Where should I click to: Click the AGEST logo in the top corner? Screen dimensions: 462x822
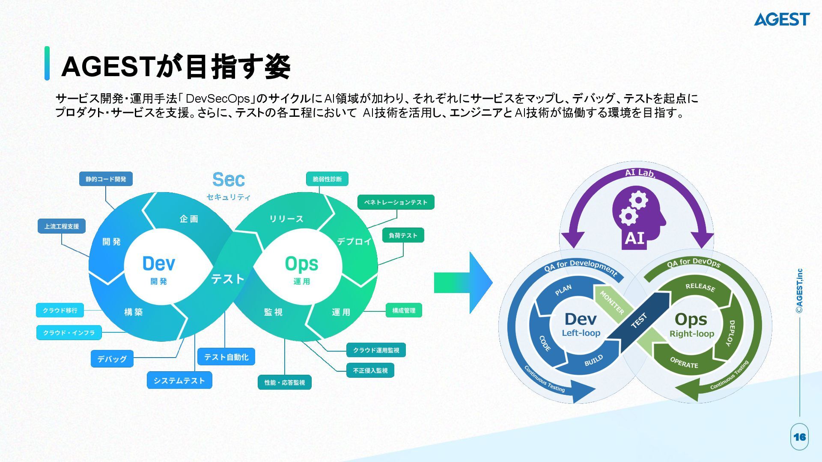(781, 19)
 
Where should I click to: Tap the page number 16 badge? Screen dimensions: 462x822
(799, 437)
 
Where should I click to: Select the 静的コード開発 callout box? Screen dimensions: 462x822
(106, 179)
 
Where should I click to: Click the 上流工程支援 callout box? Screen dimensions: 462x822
(62, 226)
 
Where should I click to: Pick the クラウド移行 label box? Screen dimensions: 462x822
(60, 310)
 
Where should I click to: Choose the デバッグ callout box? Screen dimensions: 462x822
(112, 359)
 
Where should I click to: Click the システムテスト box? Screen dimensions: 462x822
(179, 380)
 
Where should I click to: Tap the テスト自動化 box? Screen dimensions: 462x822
(226, 357)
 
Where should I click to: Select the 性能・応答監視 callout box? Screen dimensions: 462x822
(284, 382)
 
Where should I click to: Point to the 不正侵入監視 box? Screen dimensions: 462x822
(370, 370)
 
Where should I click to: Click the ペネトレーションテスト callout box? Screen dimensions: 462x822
(396, 202)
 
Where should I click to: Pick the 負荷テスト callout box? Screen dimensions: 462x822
(403, 235)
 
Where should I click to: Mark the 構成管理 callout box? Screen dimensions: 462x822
(404, 311)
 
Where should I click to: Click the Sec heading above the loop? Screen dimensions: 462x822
(229, 180)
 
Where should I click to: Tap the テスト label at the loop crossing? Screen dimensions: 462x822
(227, 279)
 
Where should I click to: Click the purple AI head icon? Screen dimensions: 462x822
(637, 219)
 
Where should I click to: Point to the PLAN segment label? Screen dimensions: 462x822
(563, 290)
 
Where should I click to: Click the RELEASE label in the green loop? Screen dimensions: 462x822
(700, 287)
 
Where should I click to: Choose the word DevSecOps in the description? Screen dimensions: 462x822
(218, 99)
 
